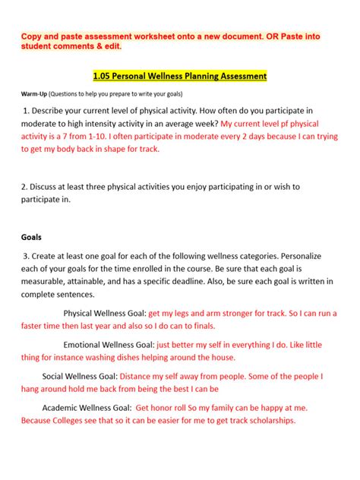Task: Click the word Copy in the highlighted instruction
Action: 32,36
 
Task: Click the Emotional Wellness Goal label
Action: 109,344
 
